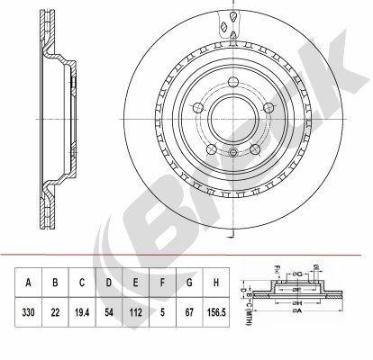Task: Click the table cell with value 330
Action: pos(29,315)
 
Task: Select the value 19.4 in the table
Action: pos(82,315)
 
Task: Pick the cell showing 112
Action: pos(136,315)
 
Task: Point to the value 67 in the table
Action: pos(190,315)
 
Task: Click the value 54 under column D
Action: pos(109,315)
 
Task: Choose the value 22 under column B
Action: pos(55,315)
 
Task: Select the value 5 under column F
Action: pos(163,315)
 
